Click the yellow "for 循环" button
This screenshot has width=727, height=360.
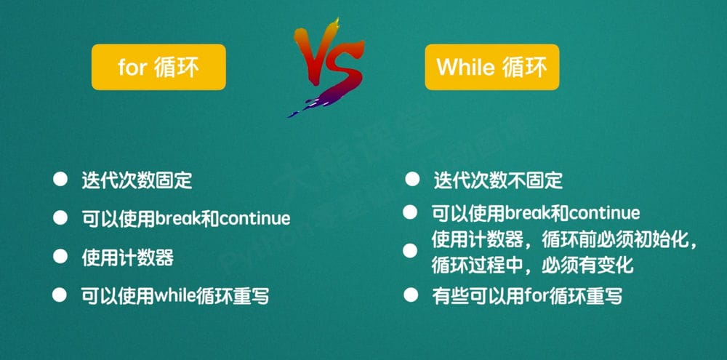tap(158, 67)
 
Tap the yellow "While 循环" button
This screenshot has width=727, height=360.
tap(491, 67)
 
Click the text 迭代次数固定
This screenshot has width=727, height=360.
tap(137, 180)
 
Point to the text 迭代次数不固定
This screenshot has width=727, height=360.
tap(498, 180)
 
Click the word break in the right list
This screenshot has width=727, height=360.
tap(526, 213)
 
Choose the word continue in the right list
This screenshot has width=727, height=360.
tap(604, 213)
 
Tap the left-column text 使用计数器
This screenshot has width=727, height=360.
tap(127, 257)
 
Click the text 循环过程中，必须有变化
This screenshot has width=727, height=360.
tap(532, 265)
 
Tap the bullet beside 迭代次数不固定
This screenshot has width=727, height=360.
tap(412, 179)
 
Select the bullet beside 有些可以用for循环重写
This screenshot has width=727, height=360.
tap(411, 295)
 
